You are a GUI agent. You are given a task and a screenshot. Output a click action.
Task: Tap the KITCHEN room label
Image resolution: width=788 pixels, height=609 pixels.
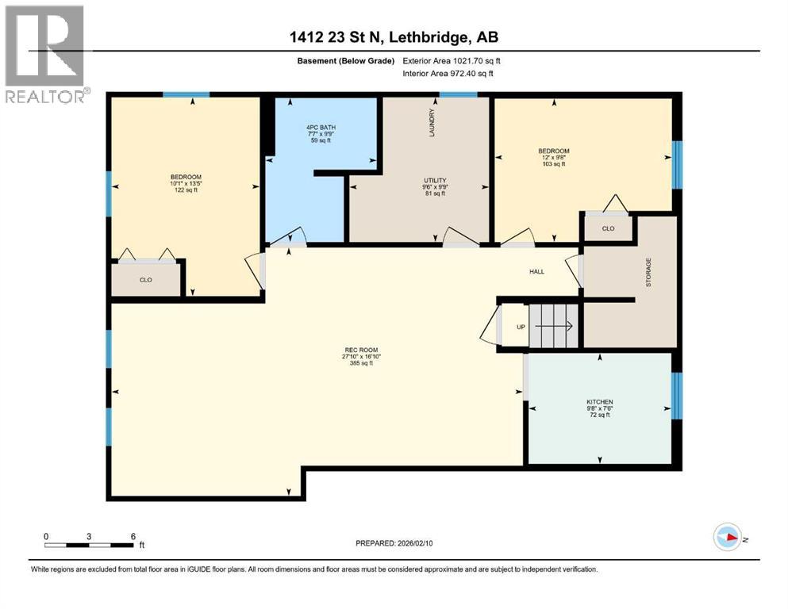pyautogui.click(x=599, y=402)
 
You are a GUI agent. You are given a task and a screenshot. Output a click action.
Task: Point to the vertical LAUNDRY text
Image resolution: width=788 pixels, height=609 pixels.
pyautogui.click(x=432, y=122)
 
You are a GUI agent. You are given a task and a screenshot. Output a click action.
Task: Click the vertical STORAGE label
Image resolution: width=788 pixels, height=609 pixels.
pyautogui.click(x=648, y=272)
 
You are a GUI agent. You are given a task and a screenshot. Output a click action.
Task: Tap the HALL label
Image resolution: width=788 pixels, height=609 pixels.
pyautogui.click(x=537, y=271)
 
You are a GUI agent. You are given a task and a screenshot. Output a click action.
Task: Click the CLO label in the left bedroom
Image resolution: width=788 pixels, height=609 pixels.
pyautogui.click(x=146, y=280)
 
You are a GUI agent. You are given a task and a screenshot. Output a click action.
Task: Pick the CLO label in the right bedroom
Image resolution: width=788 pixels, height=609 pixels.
pyautogui.click(x=608, y=228)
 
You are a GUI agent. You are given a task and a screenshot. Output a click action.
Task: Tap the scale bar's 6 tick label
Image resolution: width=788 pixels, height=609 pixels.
pyautogui.click(x=133, y=536)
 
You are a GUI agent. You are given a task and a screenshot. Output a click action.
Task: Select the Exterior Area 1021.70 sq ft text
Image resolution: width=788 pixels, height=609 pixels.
pyautogui.click(x=452, y=60)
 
